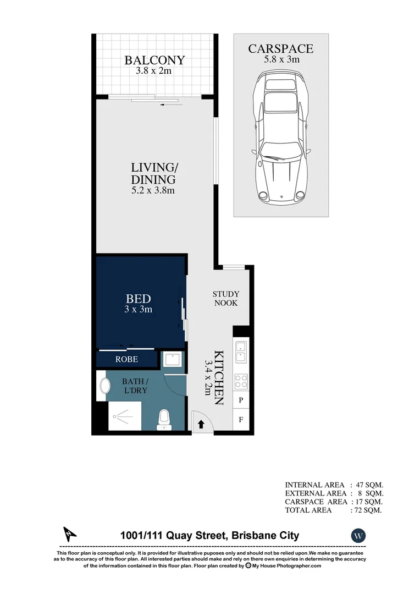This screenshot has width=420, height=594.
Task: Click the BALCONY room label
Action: [154, 60]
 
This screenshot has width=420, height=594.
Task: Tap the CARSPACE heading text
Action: [280, 49]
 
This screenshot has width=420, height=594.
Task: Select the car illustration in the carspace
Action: [280, 137]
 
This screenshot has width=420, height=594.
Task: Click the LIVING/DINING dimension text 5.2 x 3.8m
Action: [153, 191]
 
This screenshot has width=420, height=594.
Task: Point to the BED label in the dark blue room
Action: [138, 299]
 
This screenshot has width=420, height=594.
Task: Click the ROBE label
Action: [126, 360]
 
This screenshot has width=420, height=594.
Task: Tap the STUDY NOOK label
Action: [226, 299]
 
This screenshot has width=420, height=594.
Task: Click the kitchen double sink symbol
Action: [241, 351]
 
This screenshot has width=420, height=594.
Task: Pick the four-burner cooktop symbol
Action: [241, 381]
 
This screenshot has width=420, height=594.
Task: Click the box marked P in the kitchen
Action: [241, 401]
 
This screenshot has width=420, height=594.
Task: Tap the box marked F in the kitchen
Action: [241, 421]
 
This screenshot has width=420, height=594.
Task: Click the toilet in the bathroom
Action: [164, 419]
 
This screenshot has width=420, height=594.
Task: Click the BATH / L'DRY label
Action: [134, 385]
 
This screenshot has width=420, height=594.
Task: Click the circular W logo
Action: [358, 535]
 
